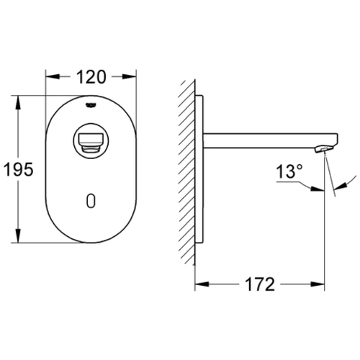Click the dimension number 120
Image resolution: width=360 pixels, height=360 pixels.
91,77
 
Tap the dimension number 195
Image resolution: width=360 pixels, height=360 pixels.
18,169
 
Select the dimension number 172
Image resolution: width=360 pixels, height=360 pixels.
260,284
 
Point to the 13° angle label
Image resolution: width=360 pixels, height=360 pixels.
289,171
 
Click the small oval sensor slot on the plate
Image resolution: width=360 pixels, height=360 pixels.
91,201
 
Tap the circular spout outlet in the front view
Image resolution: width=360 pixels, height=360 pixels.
91,141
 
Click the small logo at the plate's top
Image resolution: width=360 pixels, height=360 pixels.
91,105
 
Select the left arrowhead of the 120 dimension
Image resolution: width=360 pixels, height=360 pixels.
53,76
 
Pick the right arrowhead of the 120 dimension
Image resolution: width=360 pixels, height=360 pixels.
130,76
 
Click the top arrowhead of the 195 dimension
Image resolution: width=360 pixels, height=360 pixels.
18,102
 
